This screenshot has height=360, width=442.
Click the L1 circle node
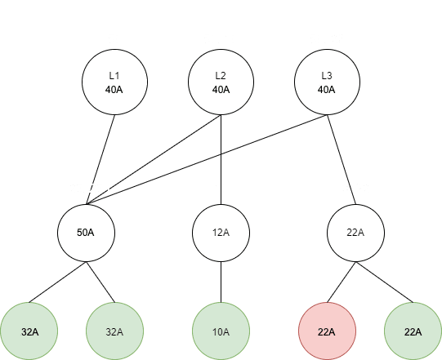pos(114,82)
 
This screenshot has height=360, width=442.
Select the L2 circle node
pos(221,82)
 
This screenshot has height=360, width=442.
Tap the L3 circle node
pos(327,82)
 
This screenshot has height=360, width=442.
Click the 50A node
pos(87,233)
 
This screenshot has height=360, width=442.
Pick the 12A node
pos(221,233)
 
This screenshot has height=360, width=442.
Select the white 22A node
pos(355,233)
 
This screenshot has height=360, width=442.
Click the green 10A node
pos(221,331)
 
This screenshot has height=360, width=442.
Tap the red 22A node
pos(328,331)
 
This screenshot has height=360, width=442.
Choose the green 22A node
pos(413,331)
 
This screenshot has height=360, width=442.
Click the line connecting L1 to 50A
pos(100,159)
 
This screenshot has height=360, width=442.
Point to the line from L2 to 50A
pos(154,159)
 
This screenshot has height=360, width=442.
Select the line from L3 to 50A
pos(207,159)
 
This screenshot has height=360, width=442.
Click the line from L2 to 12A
pos(221,159)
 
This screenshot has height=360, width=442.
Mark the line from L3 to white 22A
pos(342,159)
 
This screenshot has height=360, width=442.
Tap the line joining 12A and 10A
pos(221,282)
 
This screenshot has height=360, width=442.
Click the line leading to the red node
pos(342,282)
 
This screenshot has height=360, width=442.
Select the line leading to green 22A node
pos(385,282)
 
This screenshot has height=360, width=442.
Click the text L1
pos(114,75)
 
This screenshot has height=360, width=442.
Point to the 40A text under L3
pos(327,90)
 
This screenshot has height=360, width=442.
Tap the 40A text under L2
pos(221,90)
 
